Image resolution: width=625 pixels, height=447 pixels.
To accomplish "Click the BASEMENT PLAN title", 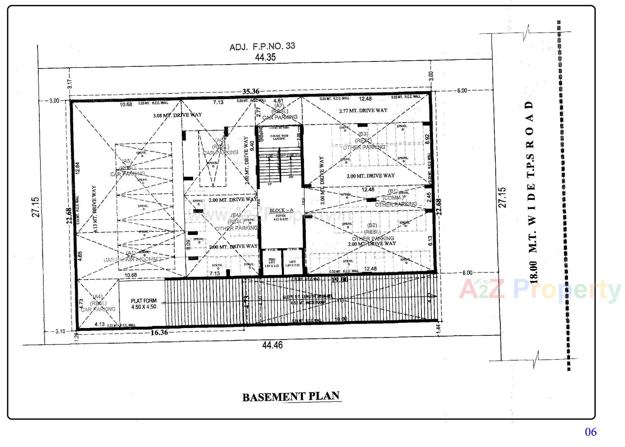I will [292, 396].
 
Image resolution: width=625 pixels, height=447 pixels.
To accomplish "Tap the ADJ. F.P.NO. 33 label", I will [262, 46].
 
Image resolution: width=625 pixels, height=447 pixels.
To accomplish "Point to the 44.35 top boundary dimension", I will [265, 57].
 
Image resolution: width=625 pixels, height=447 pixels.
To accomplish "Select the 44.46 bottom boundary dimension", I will [272, 345].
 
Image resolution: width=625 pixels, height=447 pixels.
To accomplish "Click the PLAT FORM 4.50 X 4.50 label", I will [144, 304].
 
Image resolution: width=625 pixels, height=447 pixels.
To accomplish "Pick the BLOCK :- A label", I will [281, 210].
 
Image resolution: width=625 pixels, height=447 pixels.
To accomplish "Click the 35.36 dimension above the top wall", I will [250, 92].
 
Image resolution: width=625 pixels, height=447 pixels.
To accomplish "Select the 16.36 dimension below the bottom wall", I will [159, 333].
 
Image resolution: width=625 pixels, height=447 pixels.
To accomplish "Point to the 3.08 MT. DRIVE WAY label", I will [177, 115].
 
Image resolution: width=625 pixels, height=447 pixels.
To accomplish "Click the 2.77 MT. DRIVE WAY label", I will [363, 111].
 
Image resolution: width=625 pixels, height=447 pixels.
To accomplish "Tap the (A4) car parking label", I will [98, 303].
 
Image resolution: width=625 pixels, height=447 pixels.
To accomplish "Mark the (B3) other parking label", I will [363, 141].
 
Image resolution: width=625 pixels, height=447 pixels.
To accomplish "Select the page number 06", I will [590, 432].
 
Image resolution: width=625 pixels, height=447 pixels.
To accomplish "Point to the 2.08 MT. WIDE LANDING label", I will [279, 137].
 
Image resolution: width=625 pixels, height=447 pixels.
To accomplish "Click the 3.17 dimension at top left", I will [69, 84].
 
